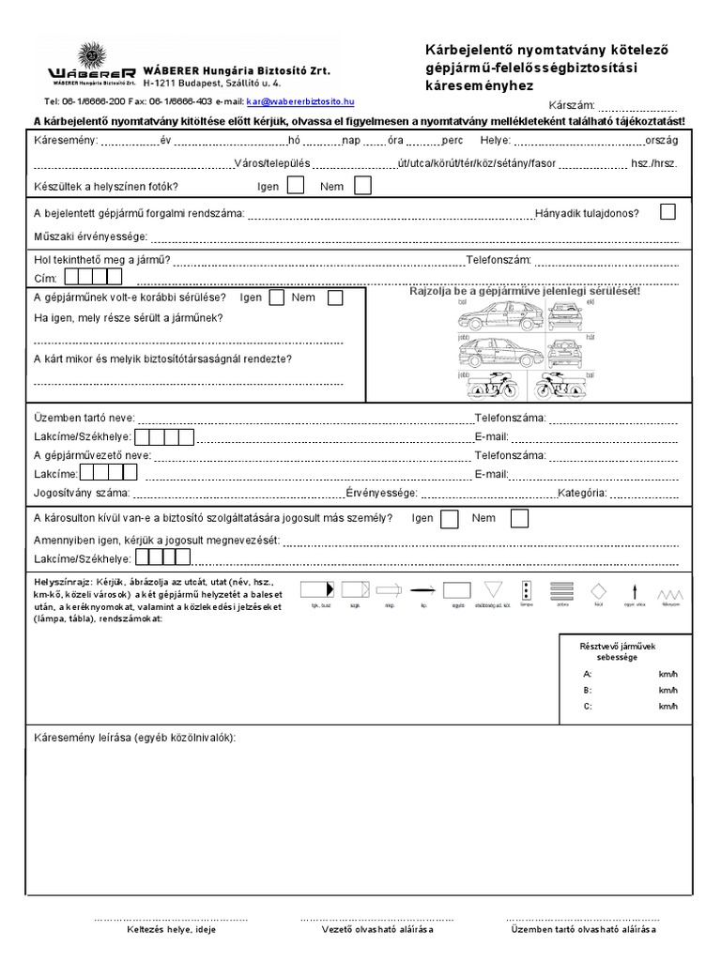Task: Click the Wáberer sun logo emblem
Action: (92, 56)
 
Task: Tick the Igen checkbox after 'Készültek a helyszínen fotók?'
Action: (296, 186)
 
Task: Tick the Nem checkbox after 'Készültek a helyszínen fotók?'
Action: (362, 186)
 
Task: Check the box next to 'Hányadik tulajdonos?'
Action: (667, 212)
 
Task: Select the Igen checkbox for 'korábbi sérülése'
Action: (277, 297)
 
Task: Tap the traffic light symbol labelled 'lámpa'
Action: (528, 590)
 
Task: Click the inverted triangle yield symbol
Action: (493, 590)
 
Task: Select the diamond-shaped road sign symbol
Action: (598, 590)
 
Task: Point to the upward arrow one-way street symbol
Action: (635, 590)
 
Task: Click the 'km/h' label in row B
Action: (667, 690)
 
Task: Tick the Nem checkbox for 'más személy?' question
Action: (519, 518)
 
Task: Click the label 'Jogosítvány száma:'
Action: (81, 493)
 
